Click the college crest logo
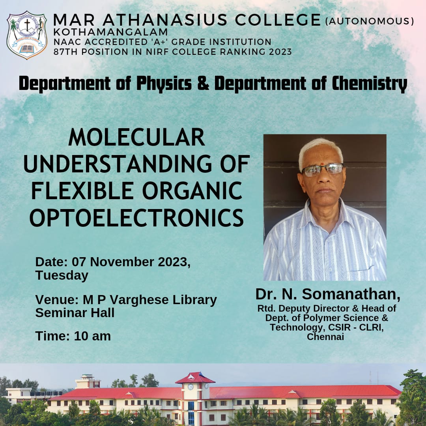27,35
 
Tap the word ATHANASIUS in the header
164,20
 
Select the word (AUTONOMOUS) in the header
370,21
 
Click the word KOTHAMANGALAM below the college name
110,32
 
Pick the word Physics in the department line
164,84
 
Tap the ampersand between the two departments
203,83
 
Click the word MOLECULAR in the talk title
136,137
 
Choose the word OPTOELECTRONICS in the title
136,218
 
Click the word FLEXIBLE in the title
82,191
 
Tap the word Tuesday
62,275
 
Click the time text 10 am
92,336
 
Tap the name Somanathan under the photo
351,294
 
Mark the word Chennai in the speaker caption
325,337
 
